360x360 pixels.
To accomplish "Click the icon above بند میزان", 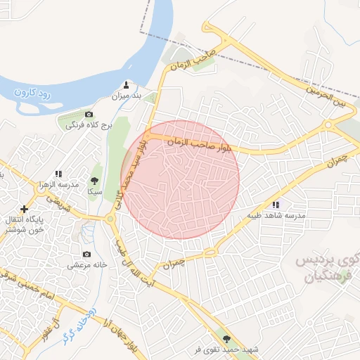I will pos(127,84).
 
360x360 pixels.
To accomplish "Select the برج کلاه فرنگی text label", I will pos(81,126).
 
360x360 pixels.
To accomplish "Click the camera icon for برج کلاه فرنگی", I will pos(89,114).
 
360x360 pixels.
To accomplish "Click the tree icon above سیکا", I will pos(94,180).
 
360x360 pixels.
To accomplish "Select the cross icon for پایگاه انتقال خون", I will pos(25,209).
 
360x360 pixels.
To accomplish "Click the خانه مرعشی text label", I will pos(86,266).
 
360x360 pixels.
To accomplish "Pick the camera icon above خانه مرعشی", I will pos(86,254).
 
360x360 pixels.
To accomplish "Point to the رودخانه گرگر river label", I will pos(77,326).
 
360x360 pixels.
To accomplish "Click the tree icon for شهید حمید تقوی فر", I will pos(225,339).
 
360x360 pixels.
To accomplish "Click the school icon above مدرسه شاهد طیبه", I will pos(276,205).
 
